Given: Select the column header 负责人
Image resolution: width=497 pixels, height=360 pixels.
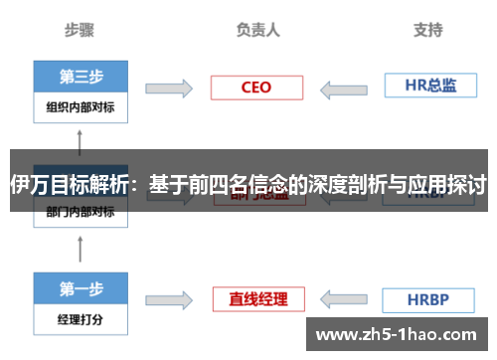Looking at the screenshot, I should coord(258,30).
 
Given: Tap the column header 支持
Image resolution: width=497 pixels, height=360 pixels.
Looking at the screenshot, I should coord(428,30).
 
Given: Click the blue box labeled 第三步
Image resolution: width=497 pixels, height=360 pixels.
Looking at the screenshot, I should coord(82,77).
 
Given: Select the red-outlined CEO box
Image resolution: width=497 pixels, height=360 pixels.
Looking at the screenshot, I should coord(255,88).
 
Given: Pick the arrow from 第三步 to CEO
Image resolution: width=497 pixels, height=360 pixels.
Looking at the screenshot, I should coord(168,89).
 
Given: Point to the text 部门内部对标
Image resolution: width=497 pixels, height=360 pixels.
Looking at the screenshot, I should coord(81,212).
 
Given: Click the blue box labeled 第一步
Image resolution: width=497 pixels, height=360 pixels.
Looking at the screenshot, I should coord(82,289).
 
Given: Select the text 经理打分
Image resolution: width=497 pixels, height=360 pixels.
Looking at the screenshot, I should coord(81,321).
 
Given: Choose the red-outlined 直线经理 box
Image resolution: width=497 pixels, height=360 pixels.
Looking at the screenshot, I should coord(256,299).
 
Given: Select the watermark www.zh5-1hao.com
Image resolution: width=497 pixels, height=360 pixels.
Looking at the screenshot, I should coord(401,334).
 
